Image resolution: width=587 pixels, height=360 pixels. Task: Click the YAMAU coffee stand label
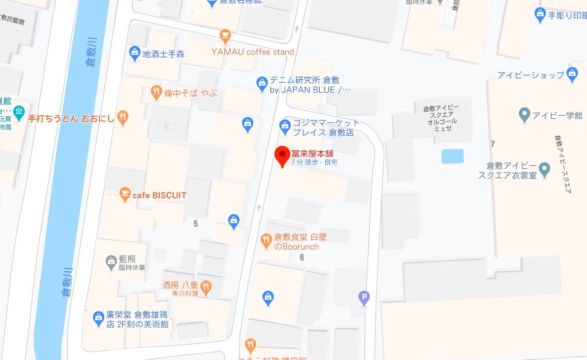[252, 52]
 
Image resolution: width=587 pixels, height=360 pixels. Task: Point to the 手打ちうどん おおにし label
[71, 118]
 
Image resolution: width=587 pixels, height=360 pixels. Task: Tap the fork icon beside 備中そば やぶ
[156, 92]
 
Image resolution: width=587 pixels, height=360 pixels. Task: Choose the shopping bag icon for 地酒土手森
[135, 53]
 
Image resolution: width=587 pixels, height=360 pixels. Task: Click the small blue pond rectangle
[452, 156]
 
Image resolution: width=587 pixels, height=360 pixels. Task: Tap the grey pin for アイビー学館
[524, 114]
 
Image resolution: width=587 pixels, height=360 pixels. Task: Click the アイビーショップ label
[531, 75]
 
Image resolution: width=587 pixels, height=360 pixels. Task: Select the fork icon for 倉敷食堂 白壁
[266, 241]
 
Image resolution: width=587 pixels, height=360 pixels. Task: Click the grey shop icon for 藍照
[111, 261]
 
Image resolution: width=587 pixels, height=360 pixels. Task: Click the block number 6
[302, 257]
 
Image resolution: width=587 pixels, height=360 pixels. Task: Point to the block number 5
[195, 224]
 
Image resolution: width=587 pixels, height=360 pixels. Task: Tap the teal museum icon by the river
[19, 112]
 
